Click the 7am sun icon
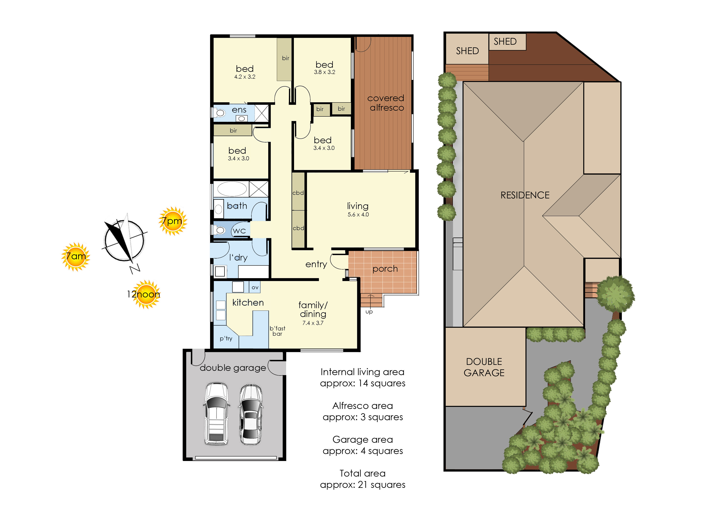[x=76, y=257]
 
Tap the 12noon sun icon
[x=146, y=294]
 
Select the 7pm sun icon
[x=173, y=221]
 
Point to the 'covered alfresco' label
[x=386, y=103]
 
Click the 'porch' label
[x=385, y=269]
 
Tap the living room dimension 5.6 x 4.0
[x=358, y=215]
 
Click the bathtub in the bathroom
[x=232, y=189]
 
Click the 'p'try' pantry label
[x=226, y=339]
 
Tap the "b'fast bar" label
[x=277, y=331]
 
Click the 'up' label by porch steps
[x=369, y=312]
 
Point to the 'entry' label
[x=316, y=264]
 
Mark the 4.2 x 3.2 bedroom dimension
[x=245, y=77]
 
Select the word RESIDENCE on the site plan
[x=525, y=195]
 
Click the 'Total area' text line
[x=363, y=473]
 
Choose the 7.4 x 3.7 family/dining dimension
[x=313, y=323]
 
